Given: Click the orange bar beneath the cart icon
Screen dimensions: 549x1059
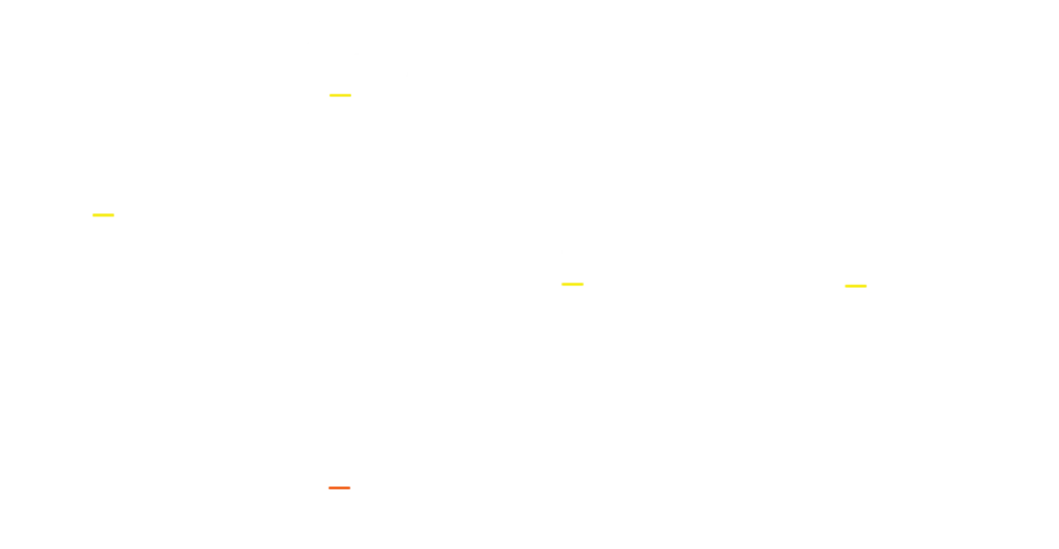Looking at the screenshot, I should (339, 488).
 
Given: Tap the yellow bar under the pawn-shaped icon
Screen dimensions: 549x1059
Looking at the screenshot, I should (572, 284).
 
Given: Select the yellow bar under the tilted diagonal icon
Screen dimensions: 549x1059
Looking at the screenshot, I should (855, 286).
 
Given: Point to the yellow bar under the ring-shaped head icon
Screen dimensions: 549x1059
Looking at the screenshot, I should (339, 94).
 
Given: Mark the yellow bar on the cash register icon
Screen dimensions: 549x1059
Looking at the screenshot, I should (103, 215).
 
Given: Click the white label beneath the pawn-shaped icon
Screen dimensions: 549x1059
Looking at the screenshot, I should (574, 301).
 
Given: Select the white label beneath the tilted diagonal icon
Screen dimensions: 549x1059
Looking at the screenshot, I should (857, 303).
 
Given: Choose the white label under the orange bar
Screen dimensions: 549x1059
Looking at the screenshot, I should (339, 503).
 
